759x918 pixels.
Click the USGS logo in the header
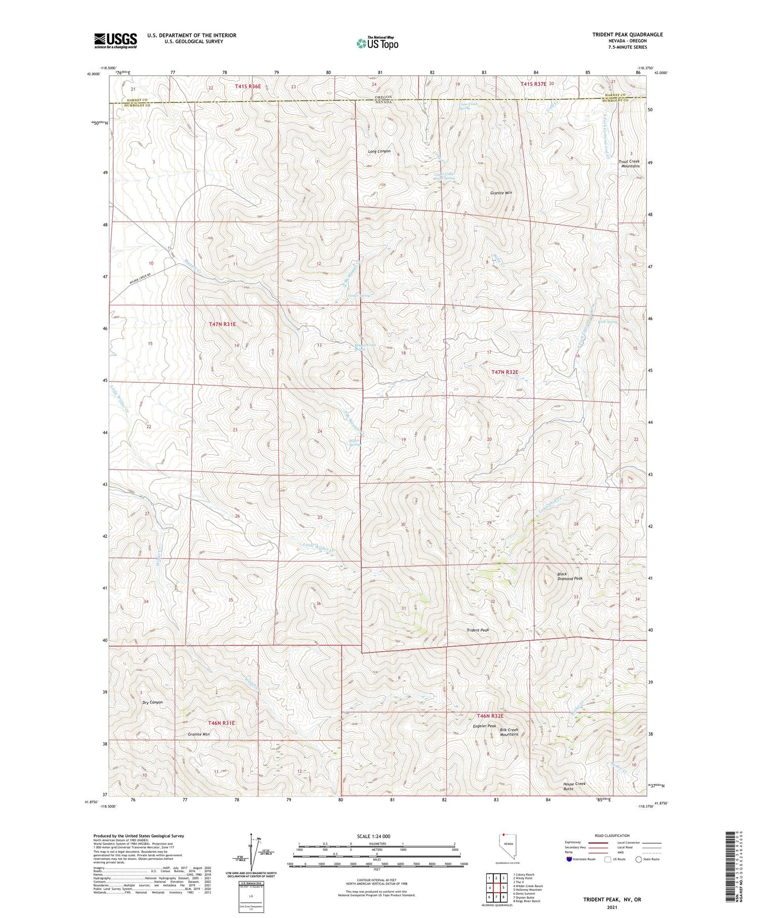click(x=115, y=41)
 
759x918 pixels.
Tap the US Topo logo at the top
click(x=377, y=43)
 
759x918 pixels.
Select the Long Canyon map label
click(x=379, y=151)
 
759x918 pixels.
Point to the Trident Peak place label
click(x=478, y=630)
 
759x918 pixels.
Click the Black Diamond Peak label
click(x=570, y=576)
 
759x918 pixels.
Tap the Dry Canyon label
click(x=152, y=702)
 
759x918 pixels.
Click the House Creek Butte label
click(x=574, y=786)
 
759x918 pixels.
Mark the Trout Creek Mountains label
click(x=629, y=164)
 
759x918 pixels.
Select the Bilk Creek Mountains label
click(x=509, y=732)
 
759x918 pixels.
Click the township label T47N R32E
click(x=505, y=372)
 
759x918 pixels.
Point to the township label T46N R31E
click(x=222, y=723)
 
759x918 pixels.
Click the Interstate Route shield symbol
click(x=570, y=859)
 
